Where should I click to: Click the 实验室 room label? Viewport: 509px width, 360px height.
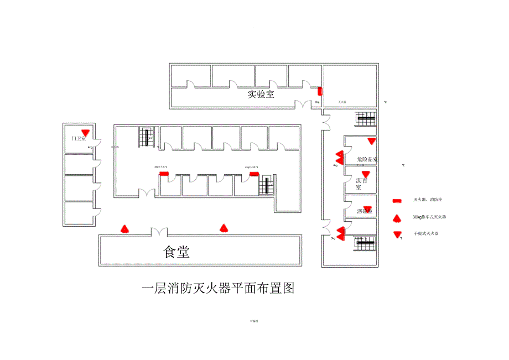click(x=261, y=94)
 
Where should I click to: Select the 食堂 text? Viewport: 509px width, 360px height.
click(x=176, y=253)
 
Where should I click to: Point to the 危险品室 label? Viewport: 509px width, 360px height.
click(x=367, y=160)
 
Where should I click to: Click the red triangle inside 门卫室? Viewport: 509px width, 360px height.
click(x=85, y=132)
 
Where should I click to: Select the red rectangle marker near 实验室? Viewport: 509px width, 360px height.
click(x=319, y=91)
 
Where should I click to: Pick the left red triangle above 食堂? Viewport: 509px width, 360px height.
click(x=125, y=228)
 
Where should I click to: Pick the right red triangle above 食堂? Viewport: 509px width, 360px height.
click(x=224, y=227)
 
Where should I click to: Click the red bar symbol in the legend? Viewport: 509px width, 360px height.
click(x=397, y=200)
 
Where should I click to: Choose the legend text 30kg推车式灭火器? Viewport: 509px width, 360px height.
click(x=429, y=217)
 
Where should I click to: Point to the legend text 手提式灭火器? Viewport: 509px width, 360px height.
click(x=425, y=234)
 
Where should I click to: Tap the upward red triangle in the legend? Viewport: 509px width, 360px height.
click(x=397, y=217)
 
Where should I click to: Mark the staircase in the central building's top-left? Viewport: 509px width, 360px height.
click(x=146, y=137)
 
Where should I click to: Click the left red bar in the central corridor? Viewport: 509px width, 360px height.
click(x=164, y=173)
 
